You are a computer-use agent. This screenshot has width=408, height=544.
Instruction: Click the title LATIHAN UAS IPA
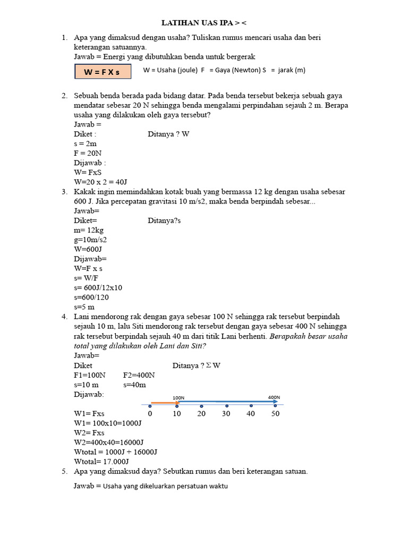pyautogui.click(x=204, y=23)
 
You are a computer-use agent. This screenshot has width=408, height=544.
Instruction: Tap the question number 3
pyautogui.click(x=64, y=192)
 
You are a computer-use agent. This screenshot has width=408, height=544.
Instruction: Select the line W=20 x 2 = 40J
pyautogui.click(x=100, y=182)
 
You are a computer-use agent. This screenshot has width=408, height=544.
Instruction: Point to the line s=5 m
pyautogui.click(x=84, y=307)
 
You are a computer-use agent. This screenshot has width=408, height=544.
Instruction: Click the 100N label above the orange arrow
pyautogui.click(x=178, y=397)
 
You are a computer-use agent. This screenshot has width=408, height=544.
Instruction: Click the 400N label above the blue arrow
pyautogui.click(x=274, y=397)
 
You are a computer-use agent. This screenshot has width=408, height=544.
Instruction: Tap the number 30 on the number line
pyautogui.click(x=226, y=413)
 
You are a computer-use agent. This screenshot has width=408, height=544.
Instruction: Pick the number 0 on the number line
pyautogui.click(x=150, y=413)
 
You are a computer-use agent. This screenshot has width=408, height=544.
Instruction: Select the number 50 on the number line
pyautogui.click(x=275, y=413)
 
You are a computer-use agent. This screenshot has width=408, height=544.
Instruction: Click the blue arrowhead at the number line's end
pyautogui.click(x=275, y=402)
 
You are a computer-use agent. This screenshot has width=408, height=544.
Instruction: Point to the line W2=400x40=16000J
pyautogui.click(x=109, y=442)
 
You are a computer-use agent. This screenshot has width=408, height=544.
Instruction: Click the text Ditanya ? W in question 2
pyautogui.click(x=168, y=134)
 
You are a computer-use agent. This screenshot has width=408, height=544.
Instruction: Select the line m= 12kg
pyautogui.click(x=89, y=230)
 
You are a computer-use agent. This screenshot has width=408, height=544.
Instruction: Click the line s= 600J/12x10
pyautogui.click(x=98, y=287)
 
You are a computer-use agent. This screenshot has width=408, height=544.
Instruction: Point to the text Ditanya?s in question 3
pyautogui.click(x=164, y=220)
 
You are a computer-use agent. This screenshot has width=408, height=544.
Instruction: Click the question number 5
pyautogui.click(x=64, y=471)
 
